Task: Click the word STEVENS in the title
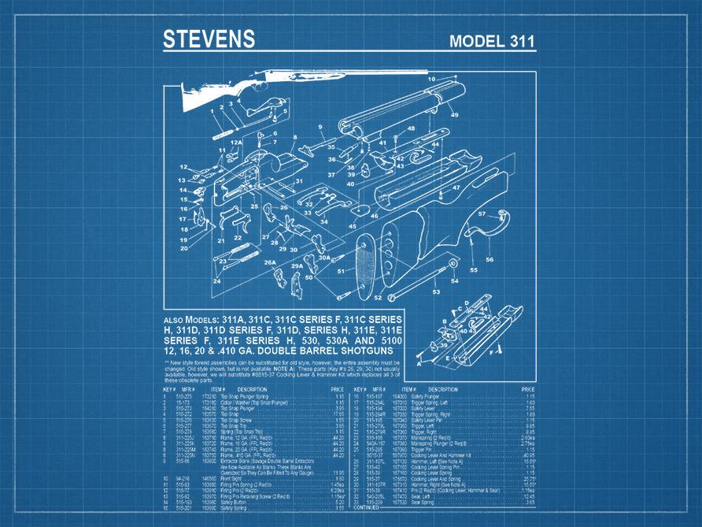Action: (x=209, y=39)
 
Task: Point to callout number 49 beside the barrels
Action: (x=454, y=115)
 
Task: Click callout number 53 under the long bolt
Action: (x=435, y=291)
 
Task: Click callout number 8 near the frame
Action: (x=294, y=137)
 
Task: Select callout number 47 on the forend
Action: (x=456, y=187)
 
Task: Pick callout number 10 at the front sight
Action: (x=431, y=79)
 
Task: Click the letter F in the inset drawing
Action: (x=492, y=354)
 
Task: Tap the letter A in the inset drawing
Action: (x=419, y=363)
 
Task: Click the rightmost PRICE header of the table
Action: (x=528, y=389)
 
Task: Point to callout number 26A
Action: (x=270, y=262)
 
